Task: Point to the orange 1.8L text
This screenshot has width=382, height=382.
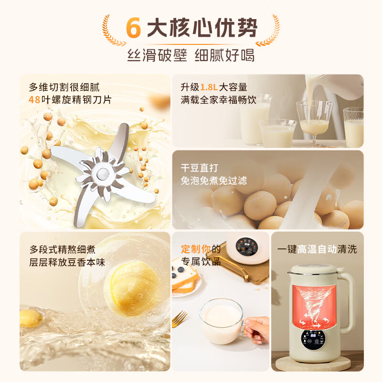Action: coord(209,87)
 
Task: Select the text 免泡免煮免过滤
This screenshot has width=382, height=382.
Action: coord(213,181)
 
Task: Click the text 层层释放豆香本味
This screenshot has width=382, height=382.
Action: coord(67,263)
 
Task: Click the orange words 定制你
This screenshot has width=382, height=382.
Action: coord(196,249)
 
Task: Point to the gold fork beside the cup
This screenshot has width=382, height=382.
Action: coord(180,318)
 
